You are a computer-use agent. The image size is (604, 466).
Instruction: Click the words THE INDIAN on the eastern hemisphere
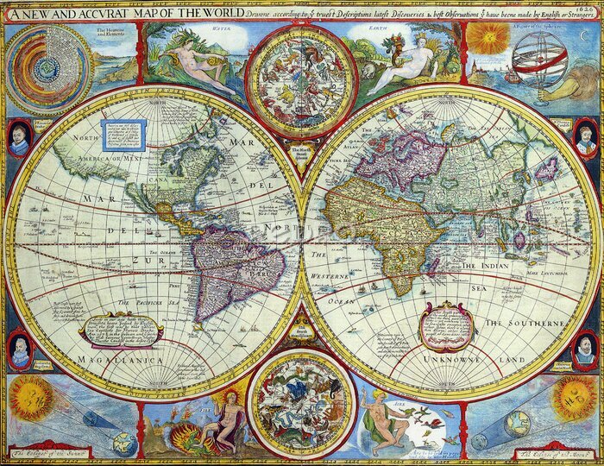488,267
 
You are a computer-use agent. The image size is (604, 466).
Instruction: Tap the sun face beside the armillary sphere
494,38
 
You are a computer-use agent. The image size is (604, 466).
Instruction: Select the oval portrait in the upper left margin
19,138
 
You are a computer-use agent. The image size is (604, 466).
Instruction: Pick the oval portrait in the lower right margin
586,349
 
